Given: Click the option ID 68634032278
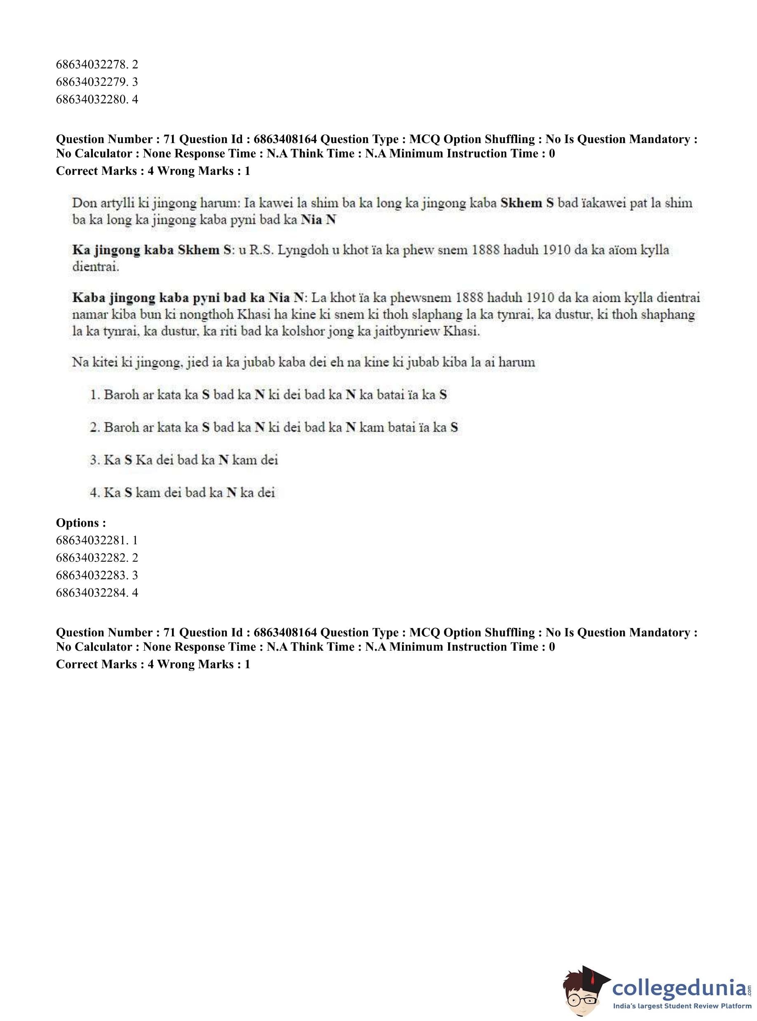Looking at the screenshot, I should tap(91, 65).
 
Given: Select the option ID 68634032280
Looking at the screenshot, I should tap(91, 99).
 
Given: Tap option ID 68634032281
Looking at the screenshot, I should tap(91, 540).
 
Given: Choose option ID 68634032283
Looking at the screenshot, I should tap(91, 575).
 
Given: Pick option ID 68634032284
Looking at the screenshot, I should tap(91, 593).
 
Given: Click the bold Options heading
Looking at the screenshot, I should tap(81, 523).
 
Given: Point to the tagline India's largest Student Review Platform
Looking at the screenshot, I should tap(682, 1006).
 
